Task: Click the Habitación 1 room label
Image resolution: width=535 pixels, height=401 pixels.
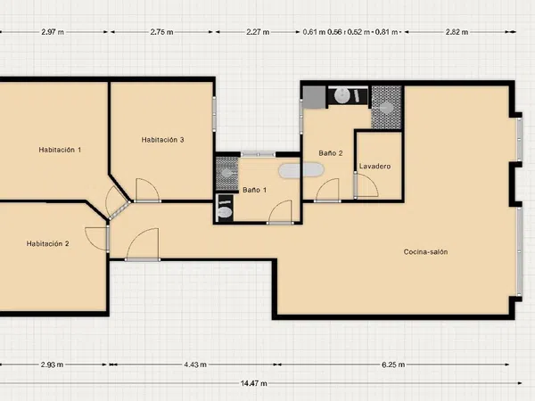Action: [60, 150]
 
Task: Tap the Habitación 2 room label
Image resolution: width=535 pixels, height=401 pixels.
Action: [48, 243]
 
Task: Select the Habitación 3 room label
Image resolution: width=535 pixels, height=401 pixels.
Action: [163, 140]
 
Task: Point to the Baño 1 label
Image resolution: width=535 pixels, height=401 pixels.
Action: [254, 190]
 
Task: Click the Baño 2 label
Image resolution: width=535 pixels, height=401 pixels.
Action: [331, 153]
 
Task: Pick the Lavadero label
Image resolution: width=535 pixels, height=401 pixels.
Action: [374, 167]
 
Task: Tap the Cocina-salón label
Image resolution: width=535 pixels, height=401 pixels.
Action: [425, 251]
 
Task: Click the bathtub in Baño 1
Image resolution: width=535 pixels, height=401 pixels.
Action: [301, 170]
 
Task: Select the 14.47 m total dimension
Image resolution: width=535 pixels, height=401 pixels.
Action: [254, 383]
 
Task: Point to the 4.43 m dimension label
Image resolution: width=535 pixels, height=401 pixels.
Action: [195, 364]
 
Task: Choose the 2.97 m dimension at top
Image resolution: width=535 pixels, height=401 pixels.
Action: [53, 32]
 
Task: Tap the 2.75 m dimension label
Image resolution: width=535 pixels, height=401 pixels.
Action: [161, 32]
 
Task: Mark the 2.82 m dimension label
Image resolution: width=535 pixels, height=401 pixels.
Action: [457, 32]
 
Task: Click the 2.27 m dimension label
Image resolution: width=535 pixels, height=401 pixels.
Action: [258, 32]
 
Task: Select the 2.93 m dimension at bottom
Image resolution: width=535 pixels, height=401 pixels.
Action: [52, 364]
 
